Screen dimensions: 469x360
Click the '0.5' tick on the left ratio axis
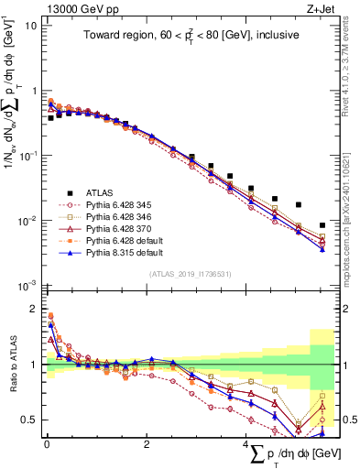(30, 420)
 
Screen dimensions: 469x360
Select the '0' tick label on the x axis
(47, 444)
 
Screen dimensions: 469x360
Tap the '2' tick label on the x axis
(147, 444)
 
